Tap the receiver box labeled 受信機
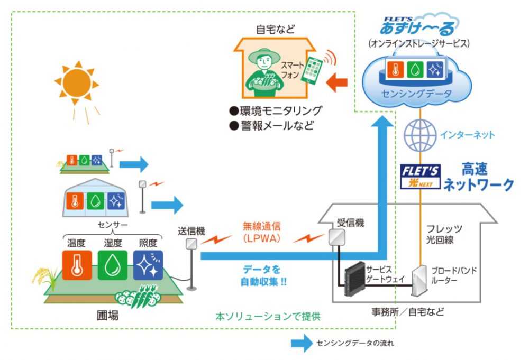coord(336,236)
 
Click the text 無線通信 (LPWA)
coord(262,232)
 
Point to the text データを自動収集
coord(260,275)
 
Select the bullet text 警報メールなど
coord(271,126)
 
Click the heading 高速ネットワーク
coord(478,177)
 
